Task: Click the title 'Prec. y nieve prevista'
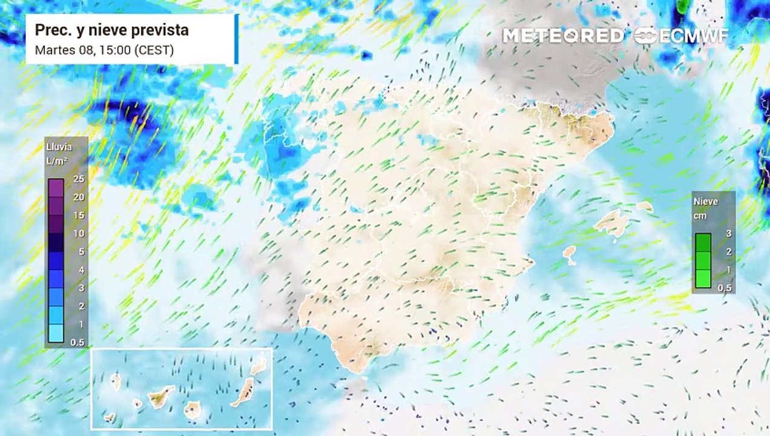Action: [111, 30]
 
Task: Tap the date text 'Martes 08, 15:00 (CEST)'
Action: [104, 50]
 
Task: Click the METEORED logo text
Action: [563, 36]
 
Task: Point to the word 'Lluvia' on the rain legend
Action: [59, 147]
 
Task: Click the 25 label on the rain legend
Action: [78, 179]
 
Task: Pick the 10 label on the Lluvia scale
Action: [78, 233]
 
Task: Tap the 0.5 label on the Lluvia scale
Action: [78, 343]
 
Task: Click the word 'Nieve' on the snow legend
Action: [706, 202]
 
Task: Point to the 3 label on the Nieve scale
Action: [728, 233]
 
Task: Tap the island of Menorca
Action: [645, 206]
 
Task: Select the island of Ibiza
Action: [570, 254]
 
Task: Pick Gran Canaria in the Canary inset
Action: [192, 410]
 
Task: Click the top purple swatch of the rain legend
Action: [56, 188]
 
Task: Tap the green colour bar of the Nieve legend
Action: [703, 260]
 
